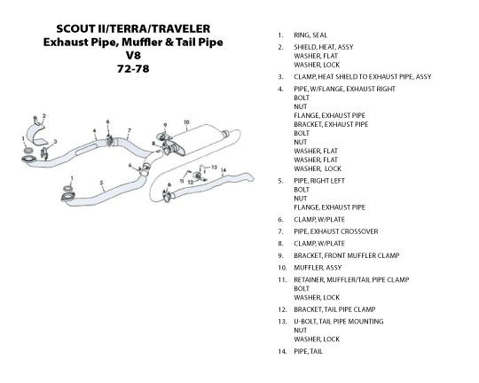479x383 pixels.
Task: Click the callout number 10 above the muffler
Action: pyautogui.click(x=186, y=122)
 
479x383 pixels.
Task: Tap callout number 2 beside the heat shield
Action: pyautogui.click(x=44, y=116)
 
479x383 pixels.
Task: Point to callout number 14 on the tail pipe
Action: pyautogui.click(x=224, y=170)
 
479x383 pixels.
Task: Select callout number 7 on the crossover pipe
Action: pyautogui.click(x=130, y=130)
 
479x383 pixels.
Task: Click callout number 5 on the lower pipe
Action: pyautogui.click(x=102, y=183)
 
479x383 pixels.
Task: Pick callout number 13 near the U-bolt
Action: pyautogui.click(x=214, y=167)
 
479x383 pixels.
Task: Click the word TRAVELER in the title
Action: pyautogui.click(x=181, y=28)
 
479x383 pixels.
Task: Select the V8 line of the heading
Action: pyautogui.click(x=133, y=55)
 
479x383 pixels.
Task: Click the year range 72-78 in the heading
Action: pyautogui.click(x=133, y=69)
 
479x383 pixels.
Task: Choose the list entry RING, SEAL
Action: pyautogui.click(x=310, y=35)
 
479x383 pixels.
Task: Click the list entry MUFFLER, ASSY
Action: pyautogui.click(x=318, y=268)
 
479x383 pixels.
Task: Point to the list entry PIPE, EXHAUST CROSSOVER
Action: pyautogui.click(x=336, y=231)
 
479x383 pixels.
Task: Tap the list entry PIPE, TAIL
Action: pyautogui.click(x=308, y=351)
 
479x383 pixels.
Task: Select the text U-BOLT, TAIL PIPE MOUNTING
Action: pyautogui.click(x=339, y=321)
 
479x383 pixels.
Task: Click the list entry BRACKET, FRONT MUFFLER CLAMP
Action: pyautogui.click(x=347, y=255)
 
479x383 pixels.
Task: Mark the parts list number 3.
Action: pyautogui.click(x=280, y=77)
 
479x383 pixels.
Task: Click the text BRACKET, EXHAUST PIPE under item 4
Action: pyautogui.click(x=331, y=124)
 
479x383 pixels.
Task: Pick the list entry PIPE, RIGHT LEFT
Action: pyautogui.click(x=319, y=181)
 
